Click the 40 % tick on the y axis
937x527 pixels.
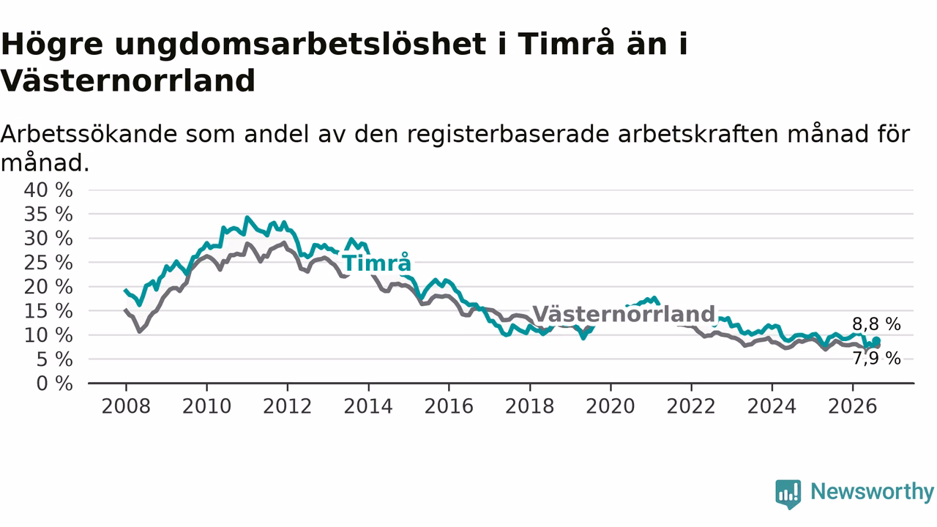(x=48, y=190)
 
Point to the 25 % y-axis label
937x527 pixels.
(x=48, y=263)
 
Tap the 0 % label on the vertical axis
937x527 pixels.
(x=54, y=384)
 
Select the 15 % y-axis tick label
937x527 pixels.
(x=48, y=311)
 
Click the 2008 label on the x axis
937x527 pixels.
(x=126, y=406)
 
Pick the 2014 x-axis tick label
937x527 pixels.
(x=368, y=406)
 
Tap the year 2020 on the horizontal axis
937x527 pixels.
(x=611, y=406)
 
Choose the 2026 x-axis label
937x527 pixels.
(x=853, y=406)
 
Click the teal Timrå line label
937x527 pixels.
(x=376, y=263)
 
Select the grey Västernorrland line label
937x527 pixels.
(x=624, y=314)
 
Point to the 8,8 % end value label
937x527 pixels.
(x=876, y=324)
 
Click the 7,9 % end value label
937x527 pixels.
(x=876, y=359)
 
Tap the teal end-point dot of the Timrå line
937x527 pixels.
(x=876, y=341)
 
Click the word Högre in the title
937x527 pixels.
(x=52, y=45)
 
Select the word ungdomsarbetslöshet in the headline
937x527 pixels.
(x=300, y=45)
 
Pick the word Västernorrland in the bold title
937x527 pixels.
(x=128, y=81)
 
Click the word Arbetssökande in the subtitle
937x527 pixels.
(x=89, y=134)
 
